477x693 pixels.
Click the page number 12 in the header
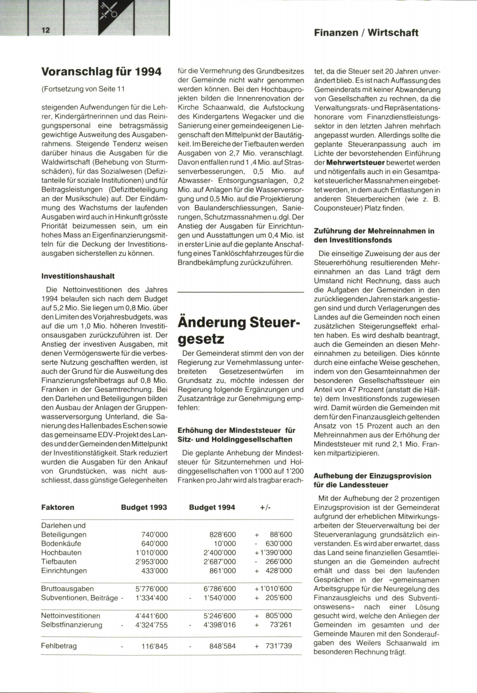[x=45, y=31]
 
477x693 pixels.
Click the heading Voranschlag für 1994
[x=101, y=72]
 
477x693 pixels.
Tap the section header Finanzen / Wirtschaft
[x=366, y=33]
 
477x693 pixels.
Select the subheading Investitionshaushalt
[x=78, y=276]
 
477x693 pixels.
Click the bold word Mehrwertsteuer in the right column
[x=355, y=163]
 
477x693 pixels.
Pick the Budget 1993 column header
[x=144, y=507]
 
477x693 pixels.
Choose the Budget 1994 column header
[x=212, y=507]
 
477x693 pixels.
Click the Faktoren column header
[x=58, y=507]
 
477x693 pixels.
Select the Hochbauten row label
[x=61, y=553]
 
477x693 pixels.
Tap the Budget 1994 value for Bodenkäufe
[x=225, y=543]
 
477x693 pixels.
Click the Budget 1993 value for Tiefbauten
[x=151, y=562]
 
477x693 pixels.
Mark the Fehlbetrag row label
[x=59, y=646]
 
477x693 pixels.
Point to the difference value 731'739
[x=279, y=646]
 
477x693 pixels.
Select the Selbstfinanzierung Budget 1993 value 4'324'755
[x=151, y=625]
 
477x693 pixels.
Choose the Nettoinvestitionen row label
[x=71, y=616]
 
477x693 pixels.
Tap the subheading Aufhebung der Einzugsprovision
[x=372, y=476]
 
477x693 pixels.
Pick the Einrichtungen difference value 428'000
[x=279, y=571]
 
